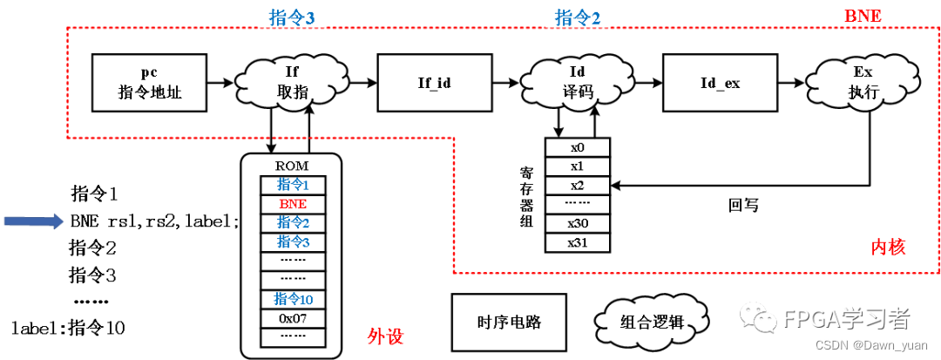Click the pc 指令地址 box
point(150,83)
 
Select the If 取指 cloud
point(292,83)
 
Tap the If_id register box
point(434,83)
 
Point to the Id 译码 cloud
point(576,83)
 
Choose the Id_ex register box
point(720,83)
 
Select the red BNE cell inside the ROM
point(292,203)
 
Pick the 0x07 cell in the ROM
point(292,318)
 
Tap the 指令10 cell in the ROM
point(292,299)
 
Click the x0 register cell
point(577,147)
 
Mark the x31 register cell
point(577,242)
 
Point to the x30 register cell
point(577,223)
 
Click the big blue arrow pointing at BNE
point(34,221)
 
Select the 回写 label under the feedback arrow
point(743,206)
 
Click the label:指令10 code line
point(68,329)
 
